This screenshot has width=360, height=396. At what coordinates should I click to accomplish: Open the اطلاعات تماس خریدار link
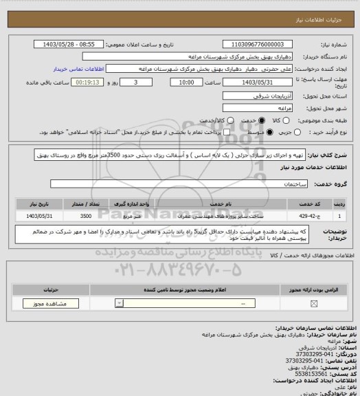(x=78, y=69)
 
